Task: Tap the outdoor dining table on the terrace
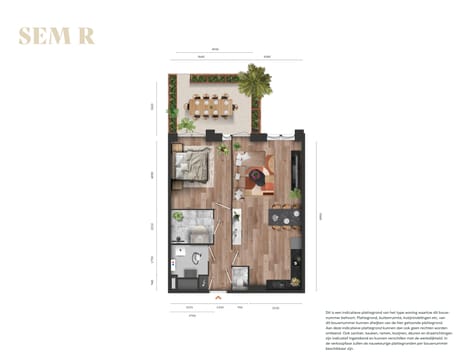tap(210, 102)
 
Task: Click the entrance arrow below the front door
tap(217, 296)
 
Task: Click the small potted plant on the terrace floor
tap(187, 125)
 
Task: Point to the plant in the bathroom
tap(178, 215)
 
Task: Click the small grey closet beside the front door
tap(239, 278)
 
